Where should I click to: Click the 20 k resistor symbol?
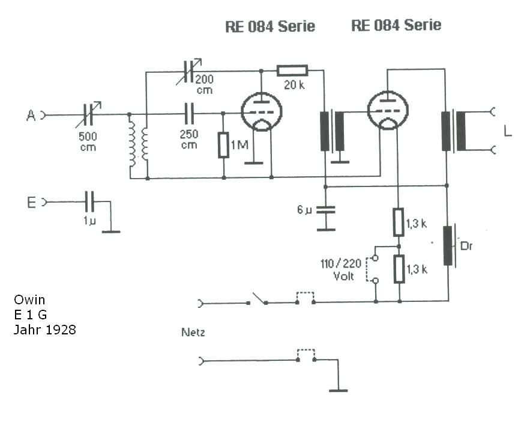[292, 70]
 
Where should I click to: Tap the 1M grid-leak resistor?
[223, 146]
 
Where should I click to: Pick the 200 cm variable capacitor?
[189, 72]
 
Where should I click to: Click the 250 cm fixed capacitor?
[190, 114]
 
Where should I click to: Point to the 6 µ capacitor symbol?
[326, 210]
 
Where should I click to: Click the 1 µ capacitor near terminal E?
[89, 202]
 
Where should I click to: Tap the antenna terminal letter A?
[31, 115]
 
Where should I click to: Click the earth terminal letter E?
[31, 203]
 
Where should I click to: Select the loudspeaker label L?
[508, 131]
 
